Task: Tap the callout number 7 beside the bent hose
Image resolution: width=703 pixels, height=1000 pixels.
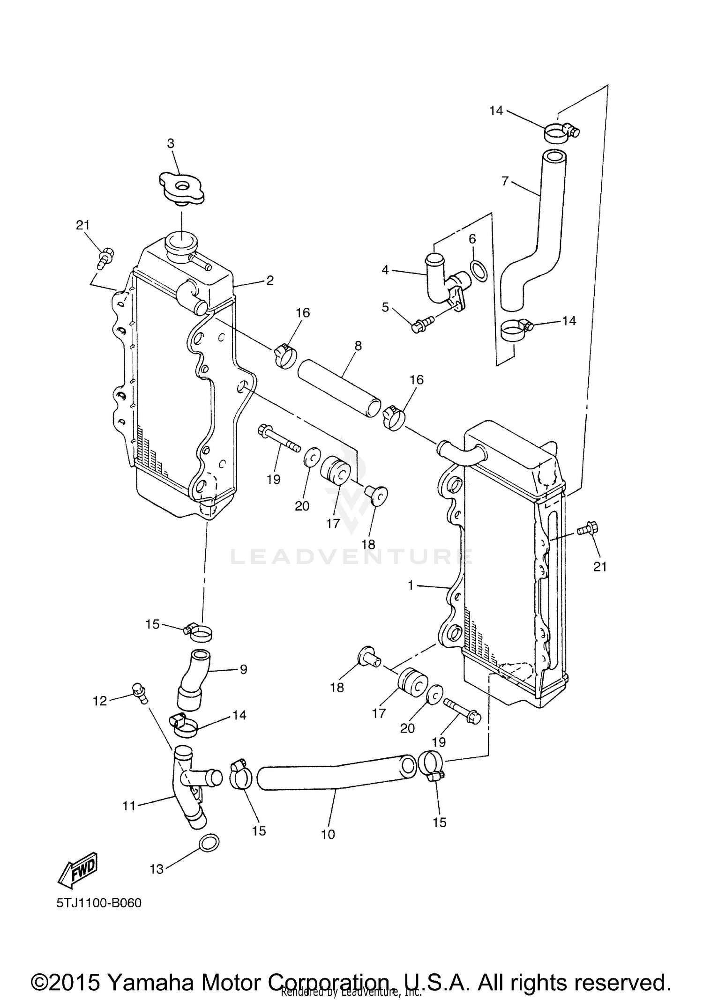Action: tap(505, 181)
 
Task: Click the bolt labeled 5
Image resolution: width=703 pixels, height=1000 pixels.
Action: tap(420, 324)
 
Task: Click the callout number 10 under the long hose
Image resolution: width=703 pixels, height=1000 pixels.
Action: tap(328, 834)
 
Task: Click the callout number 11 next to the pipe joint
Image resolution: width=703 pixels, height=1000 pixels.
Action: tap(129, 806)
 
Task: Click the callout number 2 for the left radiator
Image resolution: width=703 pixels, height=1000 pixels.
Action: tap(270, 280)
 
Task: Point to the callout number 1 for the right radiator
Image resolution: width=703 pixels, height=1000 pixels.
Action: tap(411, 585)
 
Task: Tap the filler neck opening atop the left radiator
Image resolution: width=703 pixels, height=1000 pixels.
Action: tap(181, 242)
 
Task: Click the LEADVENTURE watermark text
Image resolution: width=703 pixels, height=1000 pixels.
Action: tap(351, 557)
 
